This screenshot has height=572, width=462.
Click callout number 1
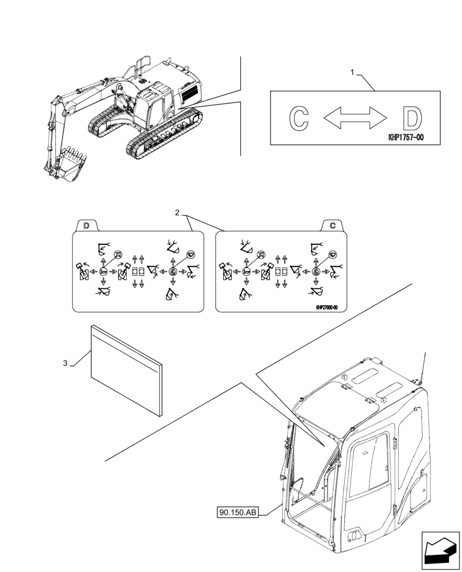pos(353,72)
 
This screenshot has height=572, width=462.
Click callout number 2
pos(177,213)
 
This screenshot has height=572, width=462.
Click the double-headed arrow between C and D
pos(355,118)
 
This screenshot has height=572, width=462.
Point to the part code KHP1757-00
pos(405,138)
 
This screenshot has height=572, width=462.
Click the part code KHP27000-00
pos(326,307)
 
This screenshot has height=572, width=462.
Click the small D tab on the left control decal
pos(86,225)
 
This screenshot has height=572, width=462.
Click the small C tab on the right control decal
pos(332,225)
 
